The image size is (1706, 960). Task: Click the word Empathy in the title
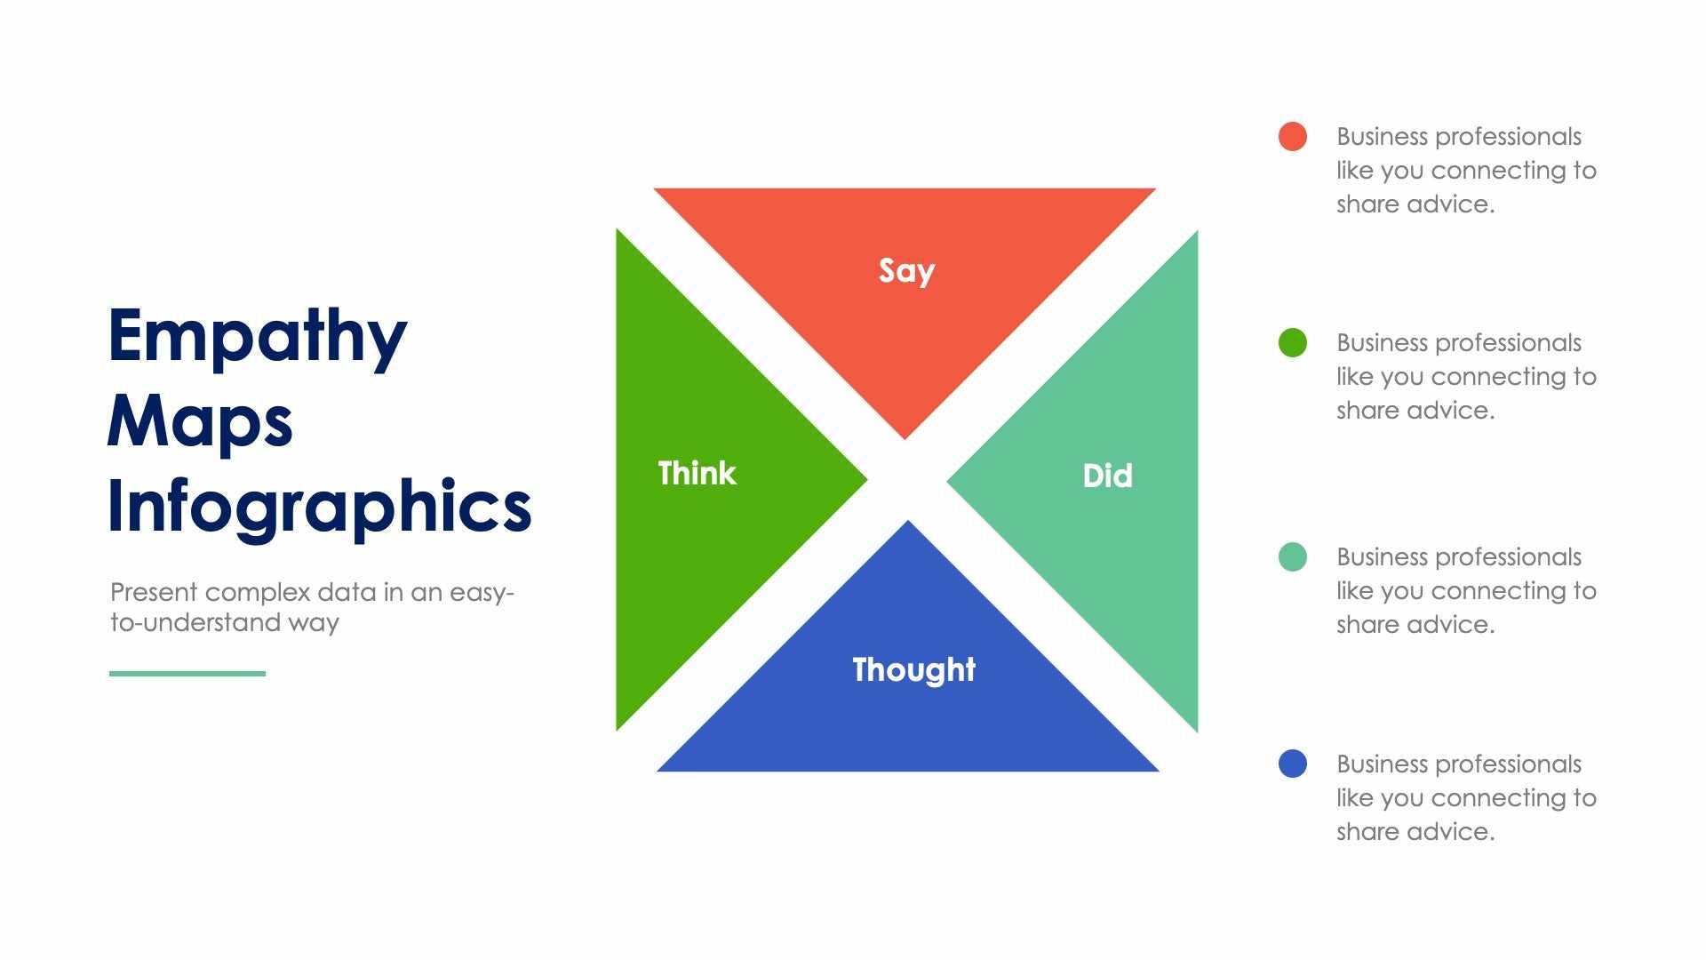[x=257, y=337]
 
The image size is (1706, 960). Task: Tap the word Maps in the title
[x=200, y=421]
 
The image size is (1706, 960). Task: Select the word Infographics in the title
[x=319, y=506]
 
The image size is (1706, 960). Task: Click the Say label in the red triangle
[x=906, y=270]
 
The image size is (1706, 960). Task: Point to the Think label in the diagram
[x=697, y=473]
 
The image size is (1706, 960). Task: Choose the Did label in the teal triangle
[x=1107, y=476]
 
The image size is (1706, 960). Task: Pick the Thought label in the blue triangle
[x=913, y=669]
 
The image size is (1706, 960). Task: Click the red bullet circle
[x=1292, y=137]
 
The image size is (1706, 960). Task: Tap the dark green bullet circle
[x=1292, y=343]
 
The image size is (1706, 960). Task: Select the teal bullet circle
[x=1292, y=557]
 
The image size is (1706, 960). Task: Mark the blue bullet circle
[x=1292, y=764]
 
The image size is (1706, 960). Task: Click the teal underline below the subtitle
[x=187, y=674]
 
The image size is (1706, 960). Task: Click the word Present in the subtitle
[x=154, y=592]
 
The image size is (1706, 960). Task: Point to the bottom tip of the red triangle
[x=905, y=436]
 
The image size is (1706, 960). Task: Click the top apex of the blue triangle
[x=907, y=524]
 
